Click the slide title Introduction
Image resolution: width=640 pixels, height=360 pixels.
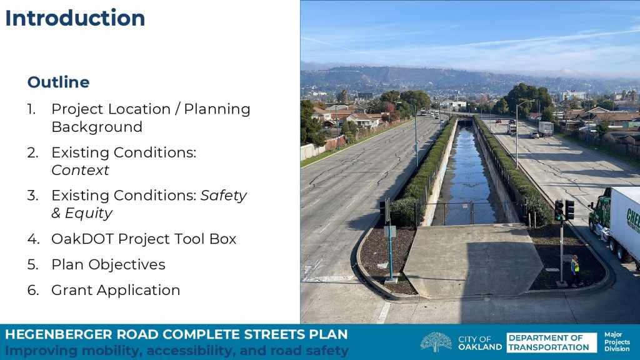75,18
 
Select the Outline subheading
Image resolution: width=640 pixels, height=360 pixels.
58,82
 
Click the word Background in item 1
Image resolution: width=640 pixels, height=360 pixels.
97,127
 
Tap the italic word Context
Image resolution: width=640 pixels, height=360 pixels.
81,170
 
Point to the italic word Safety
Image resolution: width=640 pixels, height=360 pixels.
224,196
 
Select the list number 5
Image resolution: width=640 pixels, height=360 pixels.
32,264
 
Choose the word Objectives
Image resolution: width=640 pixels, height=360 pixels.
127,264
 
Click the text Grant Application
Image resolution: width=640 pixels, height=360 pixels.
116,290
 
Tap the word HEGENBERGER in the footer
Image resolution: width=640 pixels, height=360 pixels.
59,335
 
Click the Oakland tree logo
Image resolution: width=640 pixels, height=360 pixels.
436,342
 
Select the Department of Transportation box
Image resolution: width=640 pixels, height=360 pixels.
551,342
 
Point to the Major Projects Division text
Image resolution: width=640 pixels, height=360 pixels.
617,342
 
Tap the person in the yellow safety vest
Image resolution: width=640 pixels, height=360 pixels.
575,270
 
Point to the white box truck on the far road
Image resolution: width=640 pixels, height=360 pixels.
546,129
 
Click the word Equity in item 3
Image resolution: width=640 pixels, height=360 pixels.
88,214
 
